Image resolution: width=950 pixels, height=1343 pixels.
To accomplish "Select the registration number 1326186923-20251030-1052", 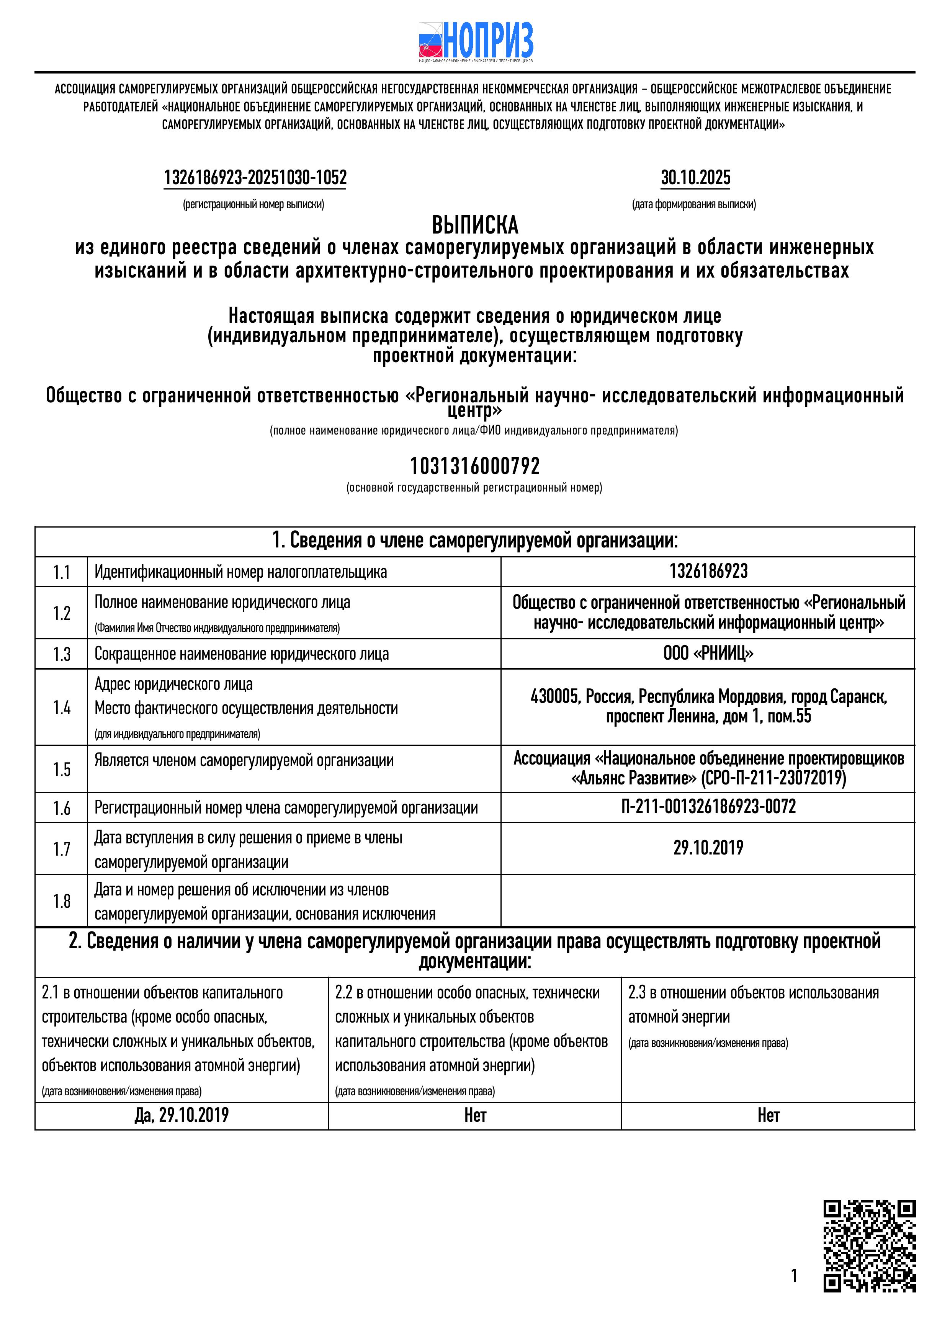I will pyautogui.click(x=255, y=178).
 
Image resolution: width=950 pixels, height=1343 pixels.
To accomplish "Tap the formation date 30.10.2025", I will pyautogui.click(x=695, y=178).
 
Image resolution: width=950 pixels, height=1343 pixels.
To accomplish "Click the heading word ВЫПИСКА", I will pyautogui.click(x=475, y=225).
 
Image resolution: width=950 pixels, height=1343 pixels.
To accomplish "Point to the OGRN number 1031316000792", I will pyautogui.click(x=474, y=466).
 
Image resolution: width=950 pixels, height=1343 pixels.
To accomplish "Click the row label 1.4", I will pyautogui.click(x=61, y=708).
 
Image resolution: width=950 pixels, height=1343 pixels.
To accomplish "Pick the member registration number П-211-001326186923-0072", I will pyautogui.click(x=708, y=807).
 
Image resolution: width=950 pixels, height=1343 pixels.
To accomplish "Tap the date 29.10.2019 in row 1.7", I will pyautogui.click(x=708, y=848).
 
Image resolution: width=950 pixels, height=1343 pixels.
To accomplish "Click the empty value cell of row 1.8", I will pyautogui.click(x=708, y=901).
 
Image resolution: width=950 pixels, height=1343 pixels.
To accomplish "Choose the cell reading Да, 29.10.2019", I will pyautogui.click(x=181, y=1116).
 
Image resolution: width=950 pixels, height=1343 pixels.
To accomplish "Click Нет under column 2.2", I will pyautogui.click(x=475, y=1116).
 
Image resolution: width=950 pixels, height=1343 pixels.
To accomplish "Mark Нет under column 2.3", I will pyautogui.click(x=768, y=1116).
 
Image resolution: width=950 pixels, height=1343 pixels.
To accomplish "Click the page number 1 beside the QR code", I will pyautogui.click(x=794, y=1276).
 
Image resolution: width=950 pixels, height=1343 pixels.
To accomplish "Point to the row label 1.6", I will pyautogui.click(x=61, y=808).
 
